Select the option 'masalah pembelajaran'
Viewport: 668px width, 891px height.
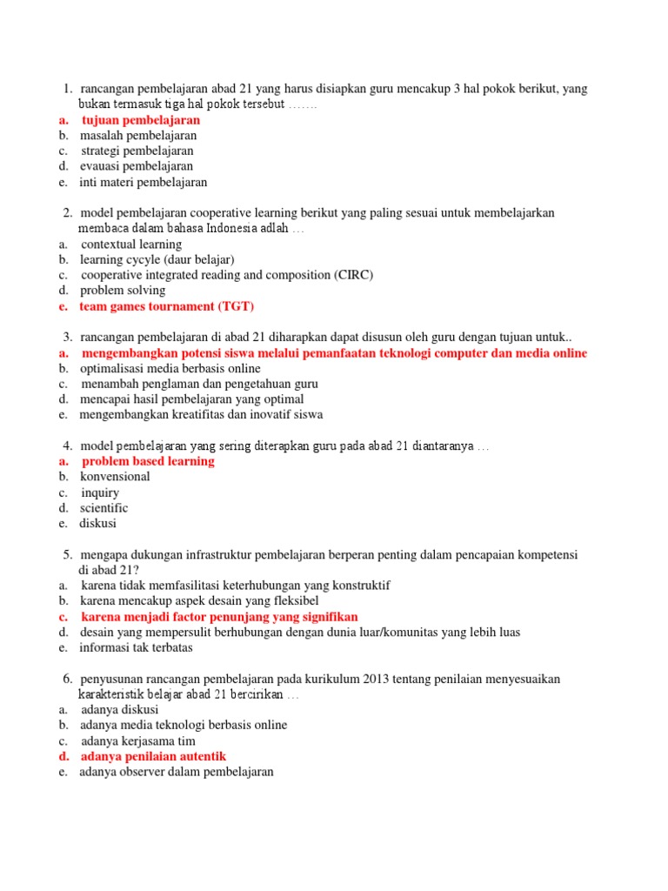138,136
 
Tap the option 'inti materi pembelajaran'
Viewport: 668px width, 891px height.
144,183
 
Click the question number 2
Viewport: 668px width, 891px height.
67,213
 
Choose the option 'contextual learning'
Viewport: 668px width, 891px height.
131,245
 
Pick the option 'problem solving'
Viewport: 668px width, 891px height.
123,291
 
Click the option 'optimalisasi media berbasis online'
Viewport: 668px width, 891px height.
170,368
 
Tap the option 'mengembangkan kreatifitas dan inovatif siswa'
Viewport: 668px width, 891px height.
201,415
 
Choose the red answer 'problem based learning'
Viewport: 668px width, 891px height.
148,461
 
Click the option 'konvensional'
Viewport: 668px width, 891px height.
115,477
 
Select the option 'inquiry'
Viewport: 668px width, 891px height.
100,492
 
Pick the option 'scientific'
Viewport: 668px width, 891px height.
104,508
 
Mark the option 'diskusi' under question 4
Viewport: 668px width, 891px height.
97,524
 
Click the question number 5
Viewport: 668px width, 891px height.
67,555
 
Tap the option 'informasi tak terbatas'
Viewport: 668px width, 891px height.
136,648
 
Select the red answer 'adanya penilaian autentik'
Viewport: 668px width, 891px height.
153,757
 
